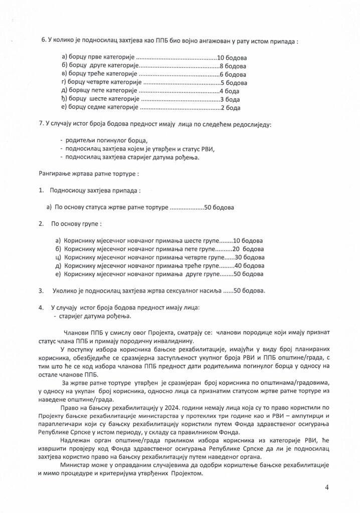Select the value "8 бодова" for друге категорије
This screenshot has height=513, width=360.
click(x=233, y=66)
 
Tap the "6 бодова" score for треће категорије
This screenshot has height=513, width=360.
click(x=233, y=74)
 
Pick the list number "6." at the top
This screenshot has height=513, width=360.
click(x=43, y=41)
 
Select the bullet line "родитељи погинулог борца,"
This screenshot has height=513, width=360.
click(x=106, y=140)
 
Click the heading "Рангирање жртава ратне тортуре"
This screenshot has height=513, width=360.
click(x=89, y=174)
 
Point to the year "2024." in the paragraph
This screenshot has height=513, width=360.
click(x=138, y=408)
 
